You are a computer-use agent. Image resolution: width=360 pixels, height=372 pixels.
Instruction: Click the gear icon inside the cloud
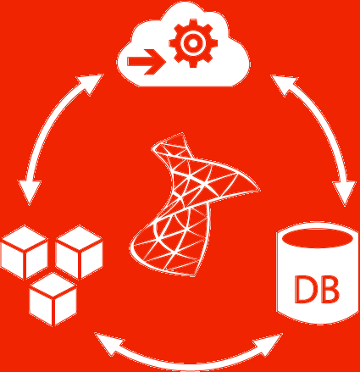(193, 43)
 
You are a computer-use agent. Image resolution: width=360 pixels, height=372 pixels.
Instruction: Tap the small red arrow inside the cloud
(147, 62)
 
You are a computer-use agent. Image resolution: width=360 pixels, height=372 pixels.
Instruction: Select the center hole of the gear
(193, 43)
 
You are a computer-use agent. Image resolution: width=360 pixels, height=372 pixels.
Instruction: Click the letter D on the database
(305, 289)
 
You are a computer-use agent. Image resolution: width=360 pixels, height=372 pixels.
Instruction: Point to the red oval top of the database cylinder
(318, 238)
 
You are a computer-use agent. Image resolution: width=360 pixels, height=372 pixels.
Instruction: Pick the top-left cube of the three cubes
(25, 253)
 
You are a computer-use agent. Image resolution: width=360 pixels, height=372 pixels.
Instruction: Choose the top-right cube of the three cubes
(79, 253)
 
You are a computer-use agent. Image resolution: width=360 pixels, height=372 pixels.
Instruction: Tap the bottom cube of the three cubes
(53, 299)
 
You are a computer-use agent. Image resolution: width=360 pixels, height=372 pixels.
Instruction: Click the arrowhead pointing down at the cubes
(30, 192)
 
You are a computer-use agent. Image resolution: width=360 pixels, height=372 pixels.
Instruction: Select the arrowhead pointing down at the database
(345, 193)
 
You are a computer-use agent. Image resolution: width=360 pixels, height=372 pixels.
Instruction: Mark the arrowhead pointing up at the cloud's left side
(91, 83)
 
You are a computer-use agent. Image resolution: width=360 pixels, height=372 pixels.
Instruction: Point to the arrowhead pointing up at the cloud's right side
(283, 84)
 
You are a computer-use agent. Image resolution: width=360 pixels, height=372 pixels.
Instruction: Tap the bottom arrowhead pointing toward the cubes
(108, 343)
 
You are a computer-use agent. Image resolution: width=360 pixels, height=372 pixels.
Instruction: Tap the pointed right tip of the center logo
(258, 190)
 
